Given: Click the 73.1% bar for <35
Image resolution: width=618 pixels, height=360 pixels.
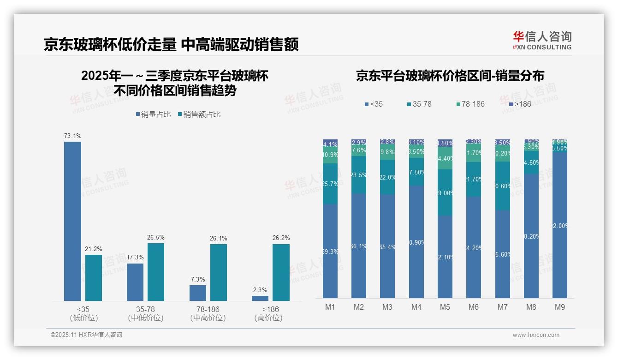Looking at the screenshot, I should point(72,221).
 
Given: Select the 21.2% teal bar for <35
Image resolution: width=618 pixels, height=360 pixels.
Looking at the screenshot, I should point(94,277).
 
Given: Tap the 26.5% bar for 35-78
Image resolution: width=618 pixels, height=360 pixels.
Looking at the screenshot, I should point(156,272).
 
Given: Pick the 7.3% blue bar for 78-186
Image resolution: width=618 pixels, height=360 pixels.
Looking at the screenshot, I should point(198,293).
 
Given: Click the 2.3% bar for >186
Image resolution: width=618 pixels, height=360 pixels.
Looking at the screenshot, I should point(260,298).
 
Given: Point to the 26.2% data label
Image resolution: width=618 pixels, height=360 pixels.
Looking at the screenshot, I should point(281,238).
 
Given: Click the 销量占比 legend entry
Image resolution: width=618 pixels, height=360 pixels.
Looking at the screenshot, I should point(153,114).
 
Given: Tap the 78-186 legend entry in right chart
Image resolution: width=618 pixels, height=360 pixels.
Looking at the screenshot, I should point(470,104).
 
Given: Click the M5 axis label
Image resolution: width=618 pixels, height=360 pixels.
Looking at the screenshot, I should point(445,307).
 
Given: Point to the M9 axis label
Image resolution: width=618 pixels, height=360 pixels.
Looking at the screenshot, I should point(559,307).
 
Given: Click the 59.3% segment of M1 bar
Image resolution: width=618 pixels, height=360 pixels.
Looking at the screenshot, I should point(330,251).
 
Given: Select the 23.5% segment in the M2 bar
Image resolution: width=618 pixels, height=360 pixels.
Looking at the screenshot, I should point(359,174).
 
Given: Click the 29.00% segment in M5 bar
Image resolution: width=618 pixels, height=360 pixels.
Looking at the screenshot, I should point(445,192).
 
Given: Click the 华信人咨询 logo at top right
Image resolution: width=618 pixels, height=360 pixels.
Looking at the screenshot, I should point(542,40).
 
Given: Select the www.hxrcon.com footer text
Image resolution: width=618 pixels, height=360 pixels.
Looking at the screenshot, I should point(536,335).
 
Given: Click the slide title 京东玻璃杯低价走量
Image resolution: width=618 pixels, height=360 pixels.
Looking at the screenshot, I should point(110,45).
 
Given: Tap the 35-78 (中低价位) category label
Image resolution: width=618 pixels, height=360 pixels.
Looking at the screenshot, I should point(146,313).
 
